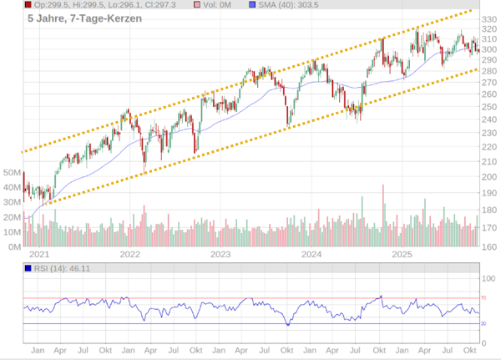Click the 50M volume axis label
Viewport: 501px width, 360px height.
pyautogui.click(x=12, y=172)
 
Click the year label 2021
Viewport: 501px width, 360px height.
pyautogui.click(x=38, y=254)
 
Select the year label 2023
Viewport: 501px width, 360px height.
pyautogui.click(x=220, y=254)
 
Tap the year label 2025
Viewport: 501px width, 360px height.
pyautogui.click(x=402, y=254)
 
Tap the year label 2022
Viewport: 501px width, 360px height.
pyautogui.click(x=129, y=254)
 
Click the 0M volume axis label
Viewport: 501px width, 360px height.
pyautogui.click(x=14, y=247)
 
